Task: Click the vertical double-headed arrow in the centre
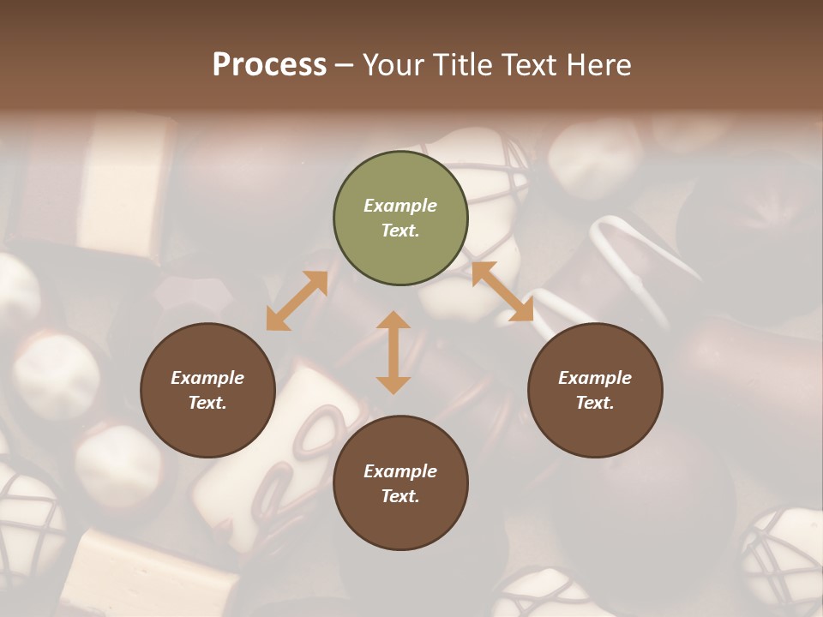tap(393, 352)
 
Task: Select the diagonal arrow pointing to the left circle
tap(297, 301)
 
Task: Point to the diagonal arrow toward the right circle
tap(502, 292)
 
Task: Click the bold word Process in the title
tap(269, 64)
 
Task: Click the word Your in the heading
tap(393, 64)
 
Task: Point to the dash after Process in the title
tap(345, 65)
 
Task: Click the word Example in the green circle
tap(400, 206)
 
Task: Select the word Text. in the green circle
tap(400, 231)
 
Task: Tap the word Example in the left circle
tap(207, 378)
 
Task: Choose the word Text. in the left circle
tap(207, 403)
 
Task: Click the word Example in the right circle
tap(595, 378)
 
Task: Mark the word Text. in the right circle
tap(595, 403)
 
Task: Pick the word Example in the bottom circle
tap(400, 471)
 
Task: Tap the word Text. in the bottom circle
tap(400, 496)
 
